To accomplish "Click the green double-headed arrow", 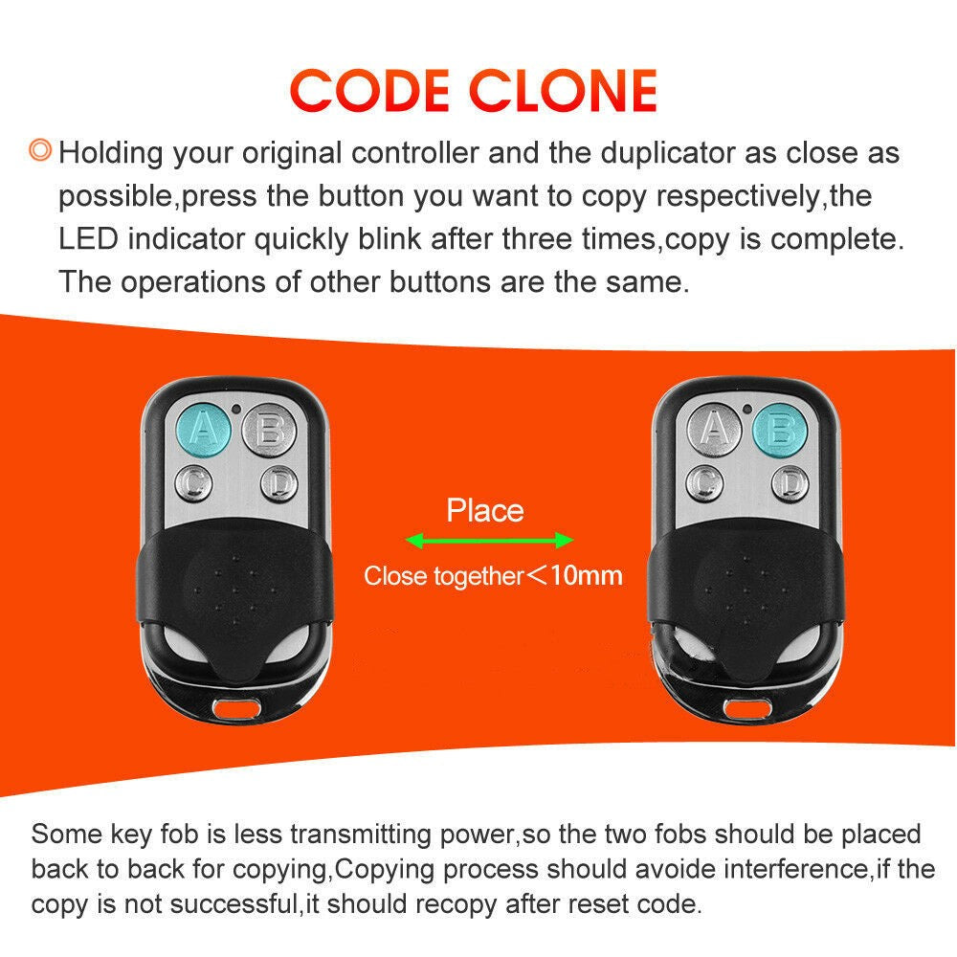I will [489, 542].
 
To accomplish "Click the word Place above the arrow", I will [485, 510].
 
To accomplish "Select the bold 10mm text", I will [586, 575].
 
